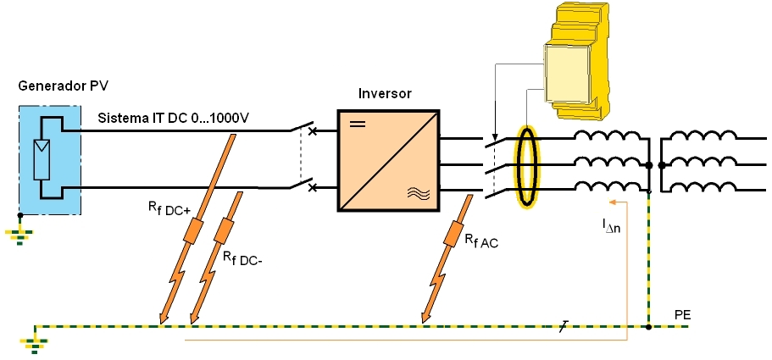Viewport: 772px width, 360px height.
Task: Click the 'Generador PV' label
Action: [x=64, y=86]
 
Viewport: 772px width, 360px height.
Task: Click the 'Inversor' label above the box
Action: [x=385, y=93]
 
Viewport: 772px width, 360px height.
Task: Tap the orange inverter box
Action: [x=389, y=160]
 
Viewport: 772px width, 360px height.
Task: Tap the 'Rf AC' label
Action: [x=481, y=241]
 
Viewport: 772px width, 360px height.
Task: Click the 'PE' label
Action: [x=682, y=315]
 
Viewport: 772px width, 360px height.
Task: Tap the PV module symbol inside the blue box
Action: [x=41, y=159]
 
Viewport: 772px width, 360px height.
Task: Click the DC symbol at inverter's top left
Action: [x=358, y=124]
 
